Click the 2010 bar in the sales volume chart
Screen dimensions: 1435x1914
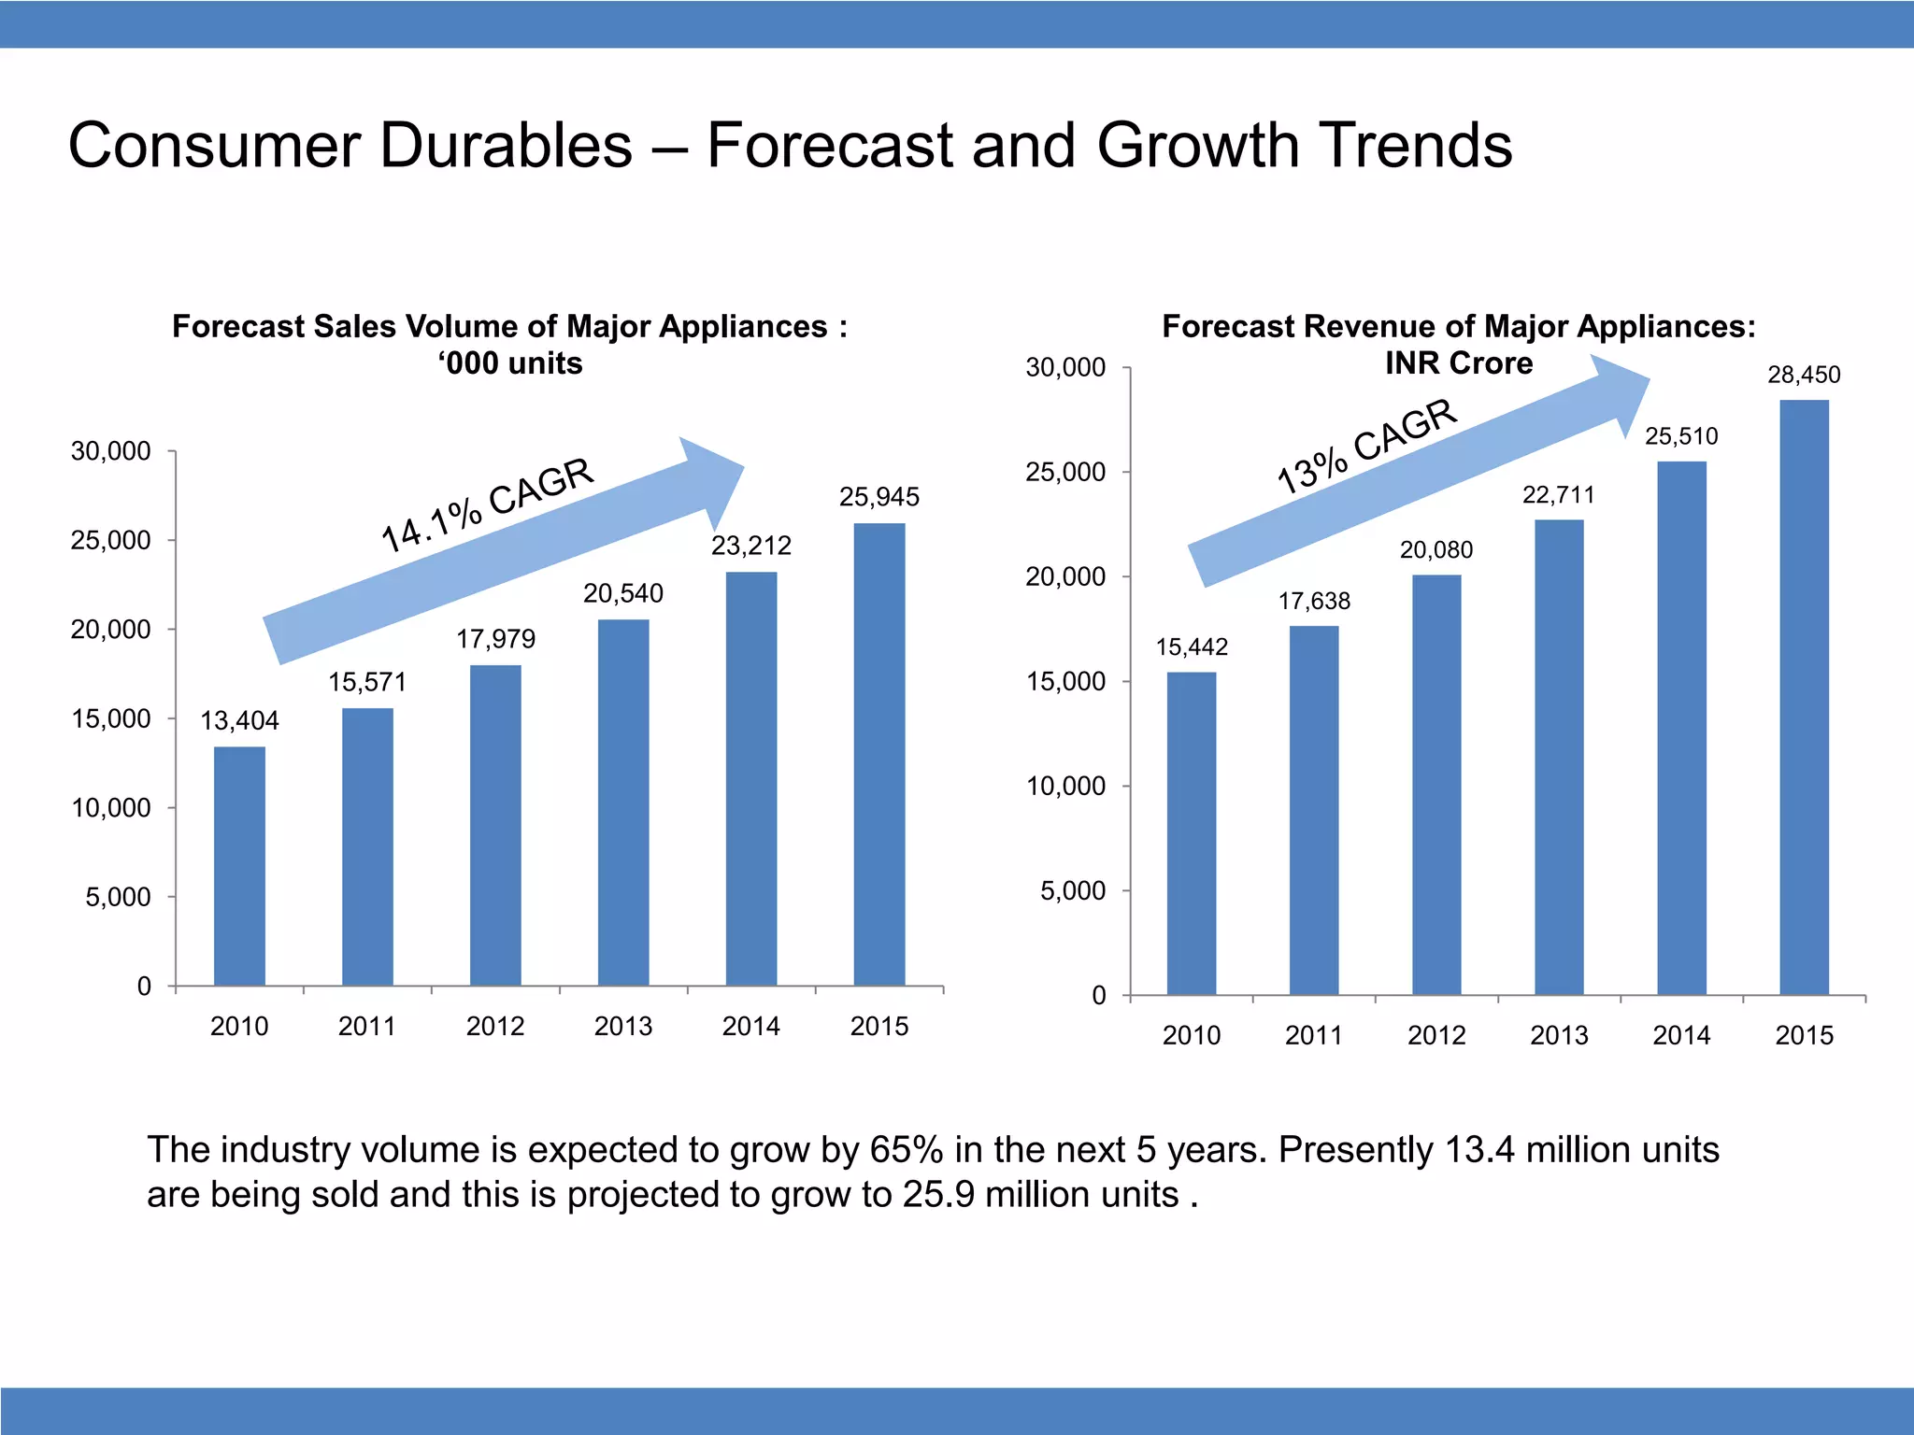click(x=239, y=866)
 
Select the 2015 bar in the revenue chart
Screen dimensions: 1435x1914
click(x=1804, y=697)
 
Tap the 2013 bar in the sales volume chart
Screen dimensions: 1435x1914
click(x=623, y=803)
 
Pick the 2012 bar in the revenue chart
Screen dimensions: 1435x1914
click(x=1436, y=785)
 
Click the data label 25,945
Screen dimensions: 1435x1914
click(x=878, y=497)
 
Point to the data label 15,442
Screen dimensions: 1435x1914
click(x=1192, y=646)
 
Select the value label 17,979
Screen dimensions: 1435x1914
click(x=495, y=639)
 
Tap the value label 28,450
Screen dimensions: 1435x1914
click(x=1804, y=375)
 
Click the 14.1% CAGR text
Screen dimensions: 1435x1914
click(x=487, y=504)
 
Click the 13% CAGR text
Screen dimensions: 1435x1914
click(x=1366, y=445)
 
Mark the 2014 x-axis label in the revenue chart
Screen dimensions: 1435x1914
click(x=1681, y=1035)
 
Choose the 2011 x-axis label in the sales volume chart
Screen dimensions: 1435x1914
click(x=367, y=1026)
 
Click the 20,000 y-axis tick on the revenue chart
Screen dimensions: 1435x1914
click(x=1065, y=577)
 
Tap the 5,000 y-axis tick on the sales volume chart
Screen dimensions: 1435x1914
click(x=118, y=897)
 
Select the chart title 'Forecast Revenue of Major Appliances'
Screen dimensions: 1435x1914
click(x=1458, y=326)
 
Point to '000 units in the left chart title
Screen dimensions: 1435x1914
click(x=510, y=362)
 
